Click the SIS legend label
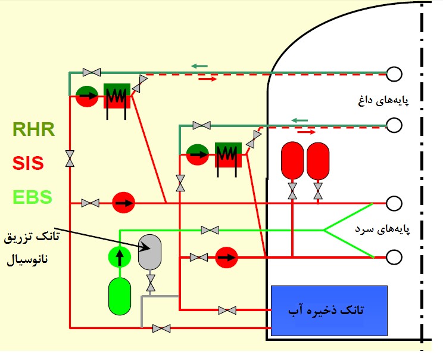pos(29,163)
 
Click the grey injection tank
pos(150,251)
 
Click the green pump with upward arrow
pos(119,257)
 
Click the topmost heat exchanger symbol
pos(117,95)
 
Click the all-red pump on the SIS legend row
pos(124,203)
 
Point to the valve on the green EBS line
pos(210,230)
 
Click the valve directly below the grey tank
pos(151,283)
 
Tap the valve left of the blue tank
pos(226,310)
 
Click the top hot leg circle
pos(394,73)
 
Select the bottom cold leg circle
pos(394,257)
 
